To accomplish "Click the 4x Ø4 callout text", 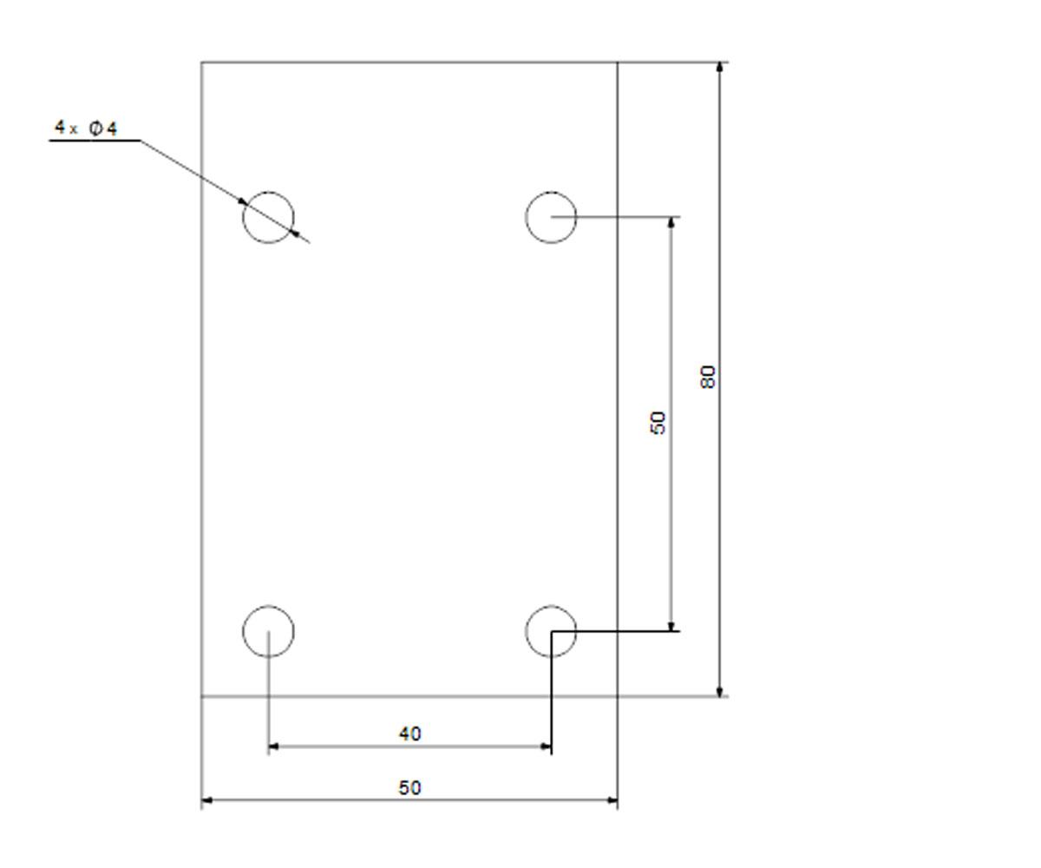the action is coord(86,128).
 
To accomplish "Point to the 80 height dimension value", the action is coord(708,377).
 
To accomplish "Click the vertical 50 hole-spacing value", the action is coord(658,423).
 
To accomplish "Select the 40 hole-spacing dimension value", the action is coord(409,733).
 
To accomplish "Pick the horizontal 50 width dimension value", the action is coord(409,787).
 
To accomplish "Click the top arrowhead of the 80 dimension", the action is coord(719,69).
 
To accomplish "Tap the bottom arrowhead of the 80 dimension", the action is coord(719,690).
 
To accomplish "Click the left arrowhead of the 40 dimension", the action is coord(274,746).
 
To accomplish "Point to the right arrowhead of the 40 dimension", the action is coord(546,746).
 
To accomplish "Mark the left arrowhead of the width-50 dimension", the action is coord(207,800).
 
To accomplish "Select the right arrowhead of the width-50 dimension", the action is coord(612,800).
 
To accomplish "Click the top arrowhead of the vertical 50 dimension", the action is coord(671,223).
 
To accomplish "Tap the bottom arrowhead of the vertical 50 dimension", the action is coord(671,626).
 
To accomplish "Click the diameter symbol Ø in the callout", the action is coord(95,128).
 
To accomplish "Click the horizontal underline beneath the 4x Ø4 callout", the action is coord(95,141).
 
